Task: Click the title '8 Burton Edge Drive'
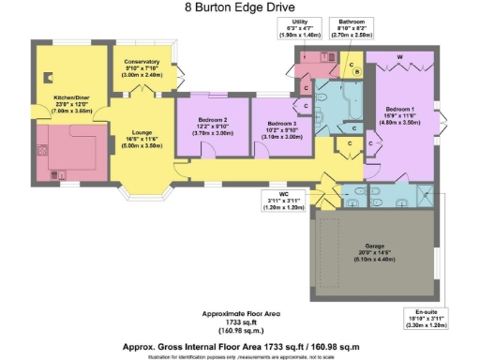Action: pyautogui.click(x=239, y=8)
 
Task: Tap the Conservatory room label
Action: pyautogui.click(x=142, y=67)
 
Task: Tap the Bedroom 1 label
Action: pyautogui.click(x=397, y=115)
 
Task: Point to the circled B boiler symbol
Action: pyautogui.click(x=356, y=73)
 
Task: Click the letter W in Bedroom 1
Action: pyautogui.click(x=400, y=58)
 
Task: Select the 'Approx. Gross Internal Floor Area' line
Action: pyautogui.click(x=239, y=346)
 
